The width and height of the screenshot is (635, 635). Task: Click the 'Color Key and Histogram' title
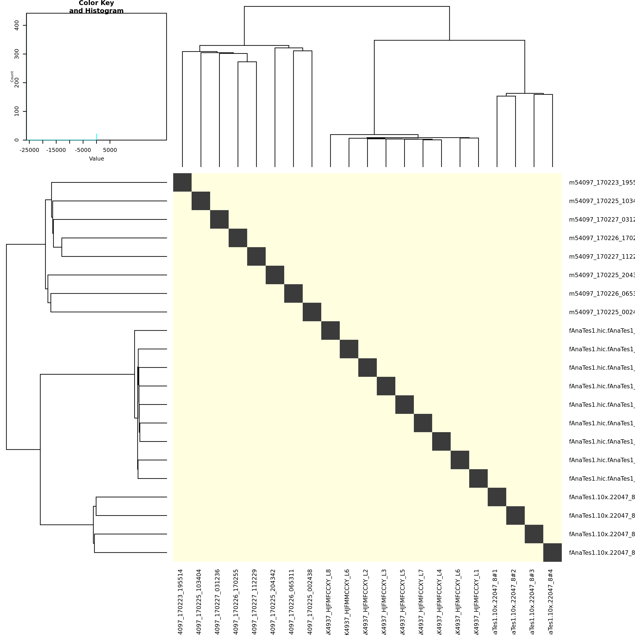pyautogui.click(x=96, y=7)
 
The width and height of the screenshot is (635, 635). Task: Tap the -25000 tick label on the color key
pyautogui.click(x=29, y=150)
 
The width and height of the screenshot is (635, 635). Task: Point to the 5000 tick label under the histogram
pyautogui.click(x=110, y=150)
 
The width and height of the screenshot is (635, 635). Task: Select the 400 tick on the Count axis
pyautogui.click(x=17, y=25)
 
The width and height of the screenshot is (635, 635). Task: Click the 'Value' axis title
pyautogui.click(x=96, y=159)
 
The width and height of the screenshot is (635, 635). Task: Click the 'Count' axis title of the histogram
pyautogui.click(x=12, y=77)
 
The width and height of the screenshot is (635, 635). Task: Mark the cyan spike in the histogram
pyautogui.click(x=96, y=137)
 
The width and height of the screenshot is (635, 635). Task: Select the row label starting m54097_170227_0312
pyautogui.click(x=601, y=220)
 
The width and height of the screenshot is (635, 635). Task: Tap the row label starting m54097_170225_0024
pyautogui.click(x=601, y=312)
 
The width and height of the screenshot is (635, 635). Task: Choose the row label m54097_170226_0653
pyautogui.click(x=601, y=293)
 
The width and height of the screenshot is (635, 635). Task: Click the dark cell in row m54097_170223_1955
pyautogui.click(x=182, y=182)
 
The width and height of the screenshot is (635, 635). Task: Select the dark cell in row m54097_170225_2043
pyautogui.click(x=275, y=275)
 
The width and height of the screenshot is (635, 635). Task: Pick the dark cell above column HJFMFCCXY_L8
pyautogui.click(x=330, y=330)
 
